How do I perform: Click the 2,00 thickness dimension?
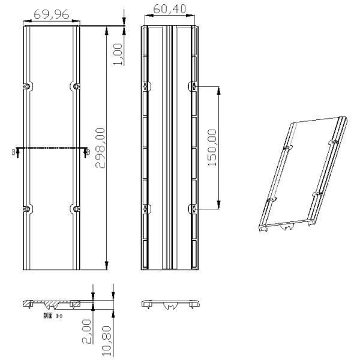pyautogui.click(x=87, y=331)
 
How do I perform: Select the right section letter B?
pyautogui.click(x=88, y=152)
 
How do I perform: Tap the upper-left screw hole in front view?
pyautogui.click(x=26, y=87)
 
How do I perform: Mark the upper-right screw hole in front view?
pyautogui.click(x=76, y=87)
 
